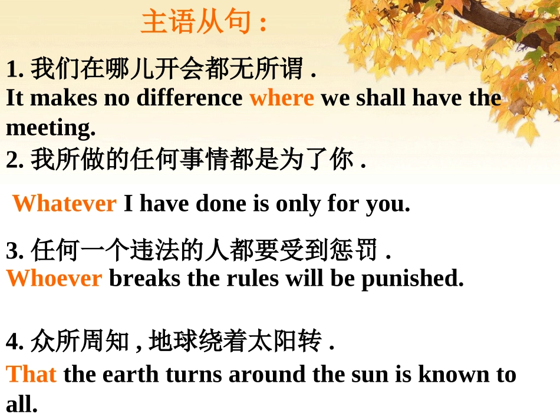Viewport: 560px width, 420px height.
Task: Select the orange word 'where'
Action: tap(281, 98)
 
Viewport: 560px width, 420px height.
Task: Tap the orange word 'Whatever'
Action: tap(64, 204)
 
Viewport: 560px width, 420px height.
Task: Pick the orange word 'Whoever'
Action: tap(54, 278)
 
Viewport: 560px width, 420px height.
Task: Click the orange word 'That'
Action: tap(31, 375)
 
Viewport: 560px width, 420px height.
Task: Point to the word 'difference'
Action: tap(189, 98)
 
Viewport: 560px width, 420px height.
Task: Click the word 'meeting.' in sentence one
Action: tap(51, 127)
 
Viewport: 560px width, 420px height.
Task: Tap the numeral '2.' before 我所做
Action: tap(15, 160)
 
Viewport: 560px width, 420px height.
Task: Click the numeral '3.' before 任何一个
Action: tap(15, 252)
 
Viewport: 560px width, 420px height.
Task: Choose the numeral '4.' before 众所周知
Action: tap(15, 342)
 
